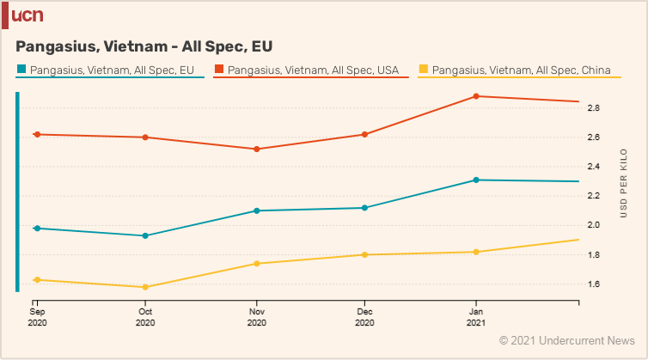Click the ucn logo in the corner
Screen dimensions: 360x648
26,15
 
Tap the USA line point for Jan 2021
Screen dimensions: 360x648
475,96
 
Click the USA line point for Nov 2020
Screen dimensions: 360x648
256,149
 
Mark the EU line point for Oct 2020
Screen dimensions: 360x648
145,235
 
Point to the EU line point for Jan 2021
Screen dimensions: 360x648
475,180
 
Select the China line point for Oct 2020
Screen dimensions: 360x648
145,287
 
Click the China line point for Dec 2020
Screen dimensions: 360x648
365,254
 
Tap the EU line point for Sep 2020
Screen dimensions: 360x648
36,228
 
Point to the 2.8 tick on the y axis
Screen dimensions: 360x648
594,108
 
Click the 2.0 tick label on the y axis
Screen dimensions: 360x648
594,225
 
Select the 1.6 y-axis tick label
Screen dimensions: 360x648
594,284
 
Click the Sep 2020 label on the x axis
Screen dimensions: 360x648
36,317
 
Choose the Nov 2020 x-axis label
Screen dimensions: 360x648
256,317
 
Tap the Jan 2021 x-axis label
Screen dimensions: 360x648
475,317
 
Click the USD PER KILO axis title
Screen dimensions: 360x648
623,180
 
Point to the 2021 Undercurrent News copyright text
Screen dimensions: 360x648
566,341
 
